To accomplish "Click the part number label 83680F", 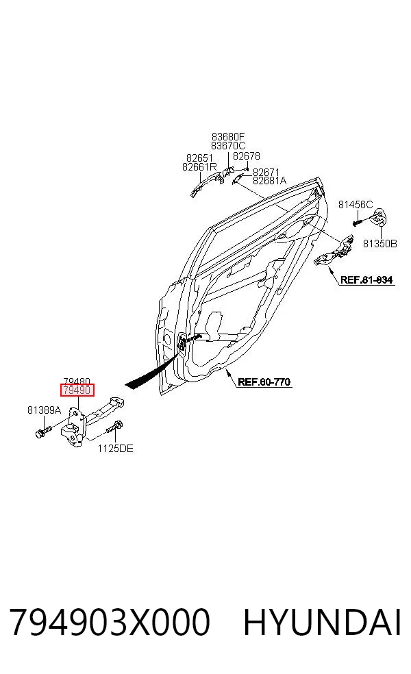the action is pyautogui.click(x=228, y=137).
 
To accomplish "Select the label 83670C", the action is pyautogui.click(x=228, y=146).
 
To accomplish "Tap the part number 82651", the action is pyautogui.click(x=199, y=158).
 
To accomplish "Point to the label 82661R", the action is pyautogui.click(x=199, y=166).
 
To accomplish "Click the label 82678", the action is pyautogui.click(x=247, y=156).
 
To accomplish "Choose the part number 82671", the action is pyautogui.click(x=266, y=173).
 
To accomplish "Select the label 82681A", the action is pyautogui.click(x=270, y=181).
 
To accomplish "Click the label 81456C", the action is pyautogui.click(x=356, y=205).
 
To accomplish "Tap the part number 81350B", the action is pyautogui.click(x=380, y=244).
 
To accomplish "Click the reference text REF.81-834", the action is pyautogui.click(x=366, y=280).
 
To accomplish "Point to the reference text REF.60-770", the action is pyautogui.click(x=264, y=382).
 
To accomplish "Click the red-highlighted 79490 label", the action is pyautogui.click(x=77, y=390).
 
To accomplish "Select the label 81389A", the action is pyautogui.click(x=45, y=410).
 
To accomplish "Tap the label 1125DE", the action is pyautogui.click(x=115, y=449).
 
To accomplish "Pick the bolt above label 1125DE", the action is pyautogui.click(x=114, y=429).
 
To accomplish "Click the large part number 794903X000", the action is pyautogui.click(x=110, y=622).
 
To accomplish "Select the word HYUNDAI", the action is pyautogui.click(x=323, y=622).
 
